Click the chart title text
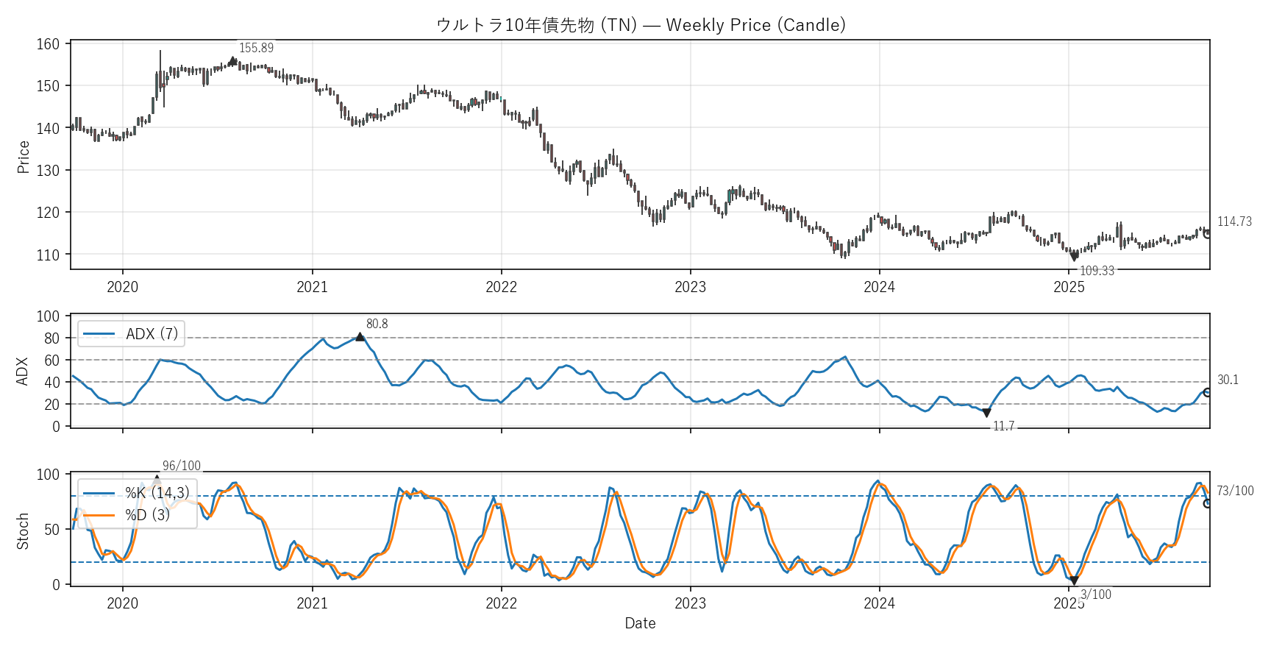click(x=641, y=25)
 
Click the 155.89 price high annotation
click(x=256, y=48)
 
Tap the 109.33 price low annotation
click(x=1097, y=271)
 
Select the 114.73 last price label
click(x=1234, y=221)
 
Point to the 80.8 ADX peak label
click(x=377, y=324)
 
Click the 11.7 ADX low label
click(x=1003, y=427)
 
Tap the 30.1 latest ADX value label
click(x=1228, y=380)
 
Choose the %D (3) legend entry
click(x=147, y=515)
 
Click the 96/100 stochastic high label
click(x=181, y=466)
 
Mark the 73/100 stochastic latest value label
click(x=1235, y=491)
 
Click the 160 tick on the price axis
click(x=48, y=44)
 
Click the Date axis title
click(x=640, y=623)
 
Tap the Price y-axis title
click(x=24, y=157)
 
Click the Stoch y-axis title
click(x=23, y=530)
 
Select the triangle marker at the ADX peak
click(x=360, y=337)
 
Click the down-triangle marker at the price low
click(x=1074, y=257)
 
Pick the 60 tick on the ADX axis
click(x=51, y=361)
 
